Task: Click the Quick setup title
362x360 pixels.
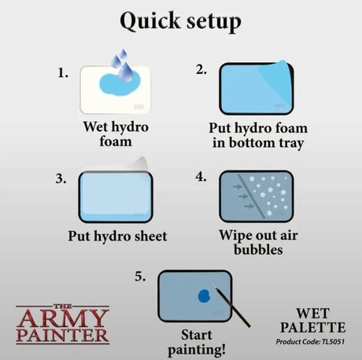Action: [x=180, y=22]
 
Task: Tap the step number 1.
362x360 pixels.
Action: [x=63, y=73]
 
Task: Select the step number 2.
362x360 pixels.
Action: [x=201, y=69]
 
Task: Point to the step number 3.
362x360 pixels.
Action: [x=61, y=178]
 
